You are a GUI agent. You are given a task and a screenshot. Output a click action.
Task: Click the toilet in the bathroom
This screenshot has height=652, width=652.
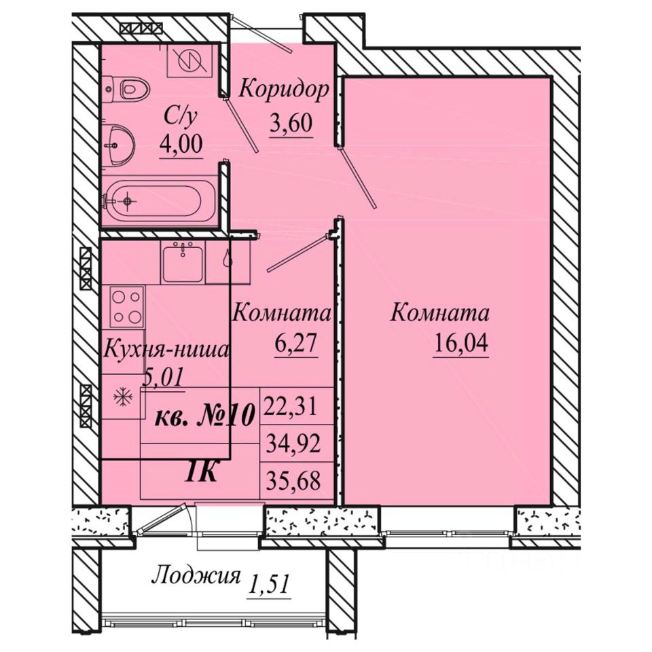point(126,88)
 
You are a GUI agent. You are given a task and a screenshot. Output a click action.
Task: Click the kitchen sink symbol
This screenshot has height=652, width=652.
point(183,264)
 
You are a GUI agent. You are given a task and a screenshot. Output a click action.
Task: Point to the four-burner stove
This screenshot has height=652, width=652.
point(127,307)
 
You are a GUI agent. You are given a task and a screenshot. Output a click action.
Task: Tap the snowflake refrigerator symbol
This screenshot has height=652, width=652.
point(123,397)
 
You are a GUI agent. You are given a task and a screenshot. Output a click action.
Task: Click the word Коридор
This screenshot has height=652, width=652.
point(284,90)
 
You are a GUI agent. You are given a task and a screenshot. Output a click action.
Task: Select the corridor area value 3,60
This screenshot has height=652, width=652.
point(291,124)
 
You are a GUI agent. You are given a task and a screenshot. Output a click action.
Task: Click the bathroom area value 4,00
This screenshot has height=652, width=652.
point(181,144)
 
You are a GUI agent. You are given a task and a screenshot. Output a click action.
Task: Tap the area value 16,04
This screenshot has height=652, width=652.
point(460,344)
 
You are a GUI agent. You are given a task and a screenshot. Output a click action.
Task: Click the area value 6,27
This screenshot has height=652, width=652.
point(296,344)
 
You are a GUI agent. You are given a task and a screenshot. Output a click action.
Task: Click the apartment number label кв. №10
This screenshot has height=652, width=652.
point(204,416)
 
